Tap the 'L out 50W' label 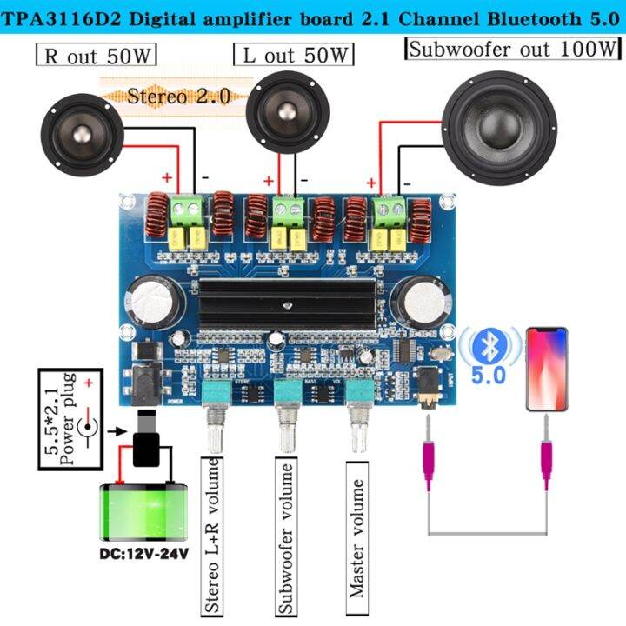coord(294,56)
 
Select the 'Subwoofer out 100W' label coord(513,50)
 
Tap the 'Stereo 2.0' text coord(179,96)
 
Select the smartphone coord(547,369)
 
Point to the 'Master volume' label coord(356,539)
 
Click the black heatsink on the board coord(287,305)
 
